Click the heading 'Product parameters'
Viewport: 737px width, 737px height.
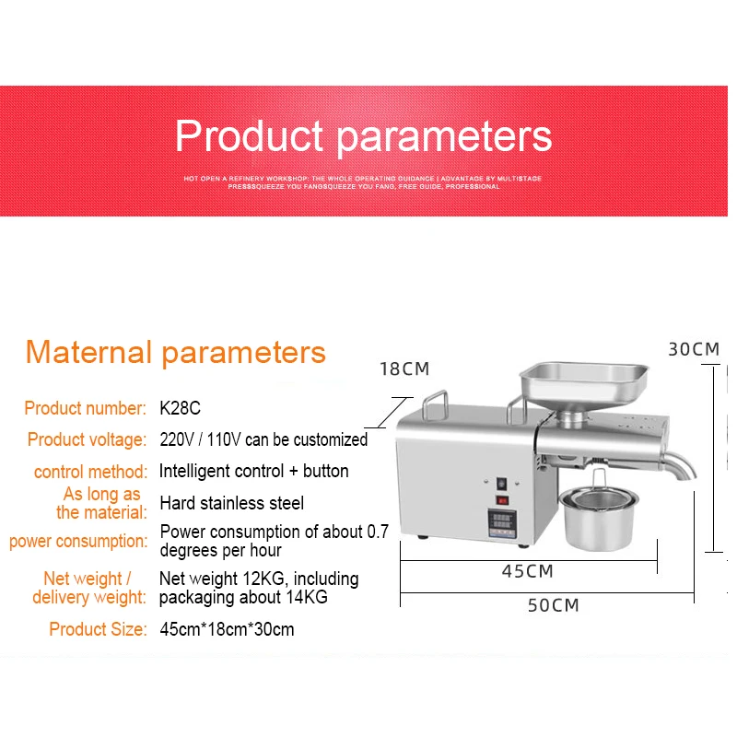(x=363, y=136)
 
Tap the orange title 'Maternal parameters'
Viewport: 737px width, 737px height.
(x=175, y=352)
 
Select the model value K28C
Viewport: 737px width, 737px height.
(x=181, y=408)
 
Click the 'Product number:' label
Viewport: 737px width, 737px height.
(x=85, y=408)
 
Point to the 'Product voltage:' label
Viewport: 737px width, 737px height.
(x=86, y=439)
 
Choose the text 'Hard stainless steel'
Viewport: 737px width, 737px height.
(x=231, y=503)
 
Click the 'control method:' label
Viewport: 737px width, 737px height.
(x=90, y=472)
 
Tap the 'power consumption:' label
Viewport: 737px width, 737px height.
(x=78, y=541)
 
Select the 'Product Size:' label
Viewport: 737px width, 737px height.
(x=98, y=630)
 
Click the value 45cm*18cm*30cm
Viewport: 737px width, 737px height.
(x=227, y=630)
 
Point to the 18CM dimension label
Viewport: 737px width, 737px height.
(x=404, y=369)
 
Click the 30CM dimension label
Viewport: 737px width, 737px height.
(x=694, y=349)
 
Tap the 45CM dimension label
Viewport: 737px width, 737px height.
(x=527, y=571)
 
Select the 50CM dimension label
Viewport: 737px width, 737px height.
(x=553, y=605)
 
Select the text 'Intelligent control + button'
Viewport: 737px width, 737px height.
(x=253, y=471)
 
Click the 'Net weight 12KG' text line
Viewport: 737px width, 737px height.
(x=259, y=579)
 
